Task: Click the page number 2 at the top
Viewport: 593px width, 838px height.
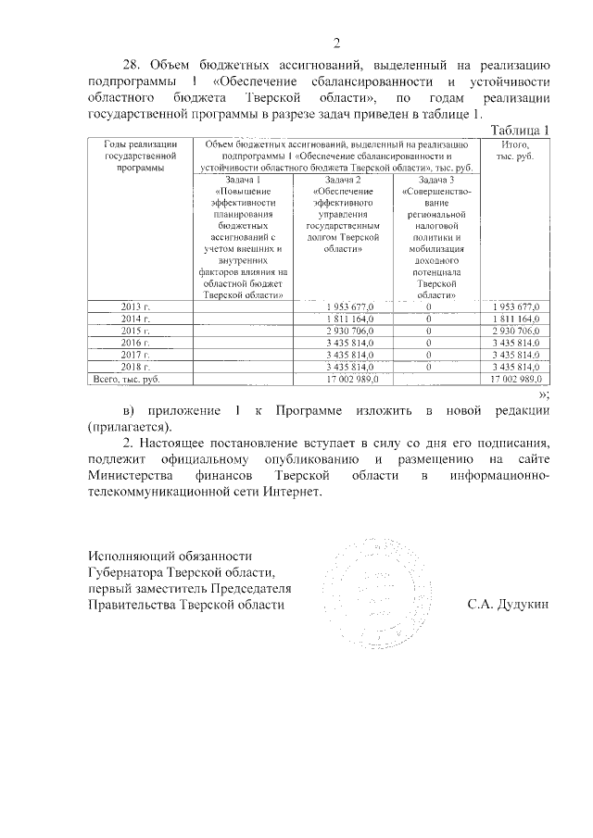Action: (x=336, y=41)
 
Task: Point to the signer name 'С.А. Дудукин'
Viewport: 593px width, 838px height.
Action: (x=509, y=605)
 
